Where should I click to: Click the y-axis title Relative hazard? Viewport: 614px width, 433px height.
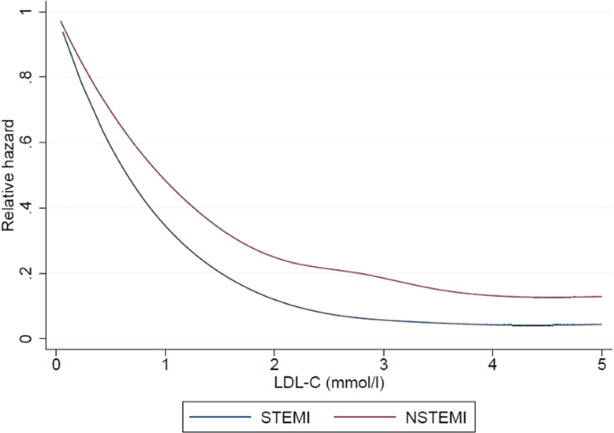coord(10,176)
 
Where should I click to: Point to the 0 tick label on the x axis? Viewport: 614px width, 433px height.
coord(56,365)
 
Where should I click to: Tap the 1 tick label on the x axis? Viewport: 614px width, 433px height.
coord(165,365)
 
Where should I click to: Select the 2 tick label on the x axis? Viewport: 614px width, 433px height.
coord(274,365)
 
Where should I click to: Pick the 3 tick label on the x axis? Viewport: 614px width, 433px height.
coord(383,365)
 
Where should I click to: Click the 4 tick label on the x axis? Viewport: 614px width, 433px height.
coord(492,365)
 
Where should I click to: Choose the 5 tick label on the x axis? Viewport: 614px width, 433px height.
coord(601,365)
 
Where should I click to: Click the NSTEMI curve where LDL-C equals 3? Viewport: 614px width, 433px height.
coord(383,277)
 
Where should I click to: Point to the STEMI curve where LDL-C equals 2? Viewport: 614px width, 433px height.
coord(274,299)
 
